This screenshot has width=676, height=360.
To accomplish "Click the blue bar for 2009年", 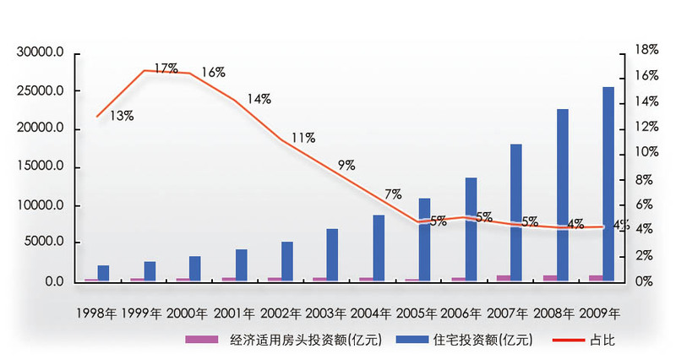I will click(608, 184).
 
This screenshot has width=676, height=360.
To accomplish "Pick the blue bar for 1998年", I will click(103, 273).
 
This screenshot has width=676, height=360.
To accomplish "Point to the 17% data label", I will click(166, 68).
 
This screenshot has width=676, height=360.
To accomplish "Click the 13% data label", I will click(122, 116).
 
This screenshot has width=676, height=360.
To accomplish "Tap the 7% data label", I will click(393, 194).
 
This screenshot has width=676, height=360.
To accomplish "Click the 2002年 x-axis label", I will click(280, 313).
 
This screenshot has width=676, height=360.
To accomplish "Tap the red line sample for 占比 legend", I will click(572, 341).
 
